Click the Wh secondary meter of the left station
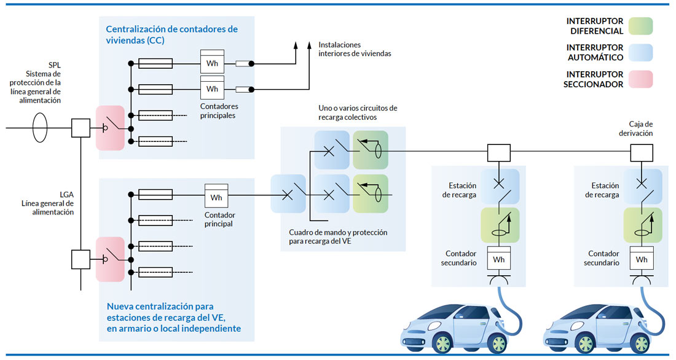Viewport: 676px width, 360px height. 499,259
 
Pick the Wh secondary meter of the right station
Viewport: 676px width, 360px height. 642,259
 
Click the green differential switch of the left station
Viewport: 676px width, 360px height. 500,225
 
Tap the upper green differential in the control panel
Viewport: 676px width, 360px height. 371,149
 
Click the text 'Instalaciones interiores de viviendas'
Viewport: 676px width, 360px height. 355,49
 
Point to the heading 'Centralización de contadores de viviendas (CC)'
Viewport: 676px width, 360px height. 171,34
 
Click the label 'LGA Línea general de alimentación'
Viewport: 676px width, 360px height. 47,203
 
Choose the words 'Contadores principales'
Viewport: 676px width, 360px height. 218,111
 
